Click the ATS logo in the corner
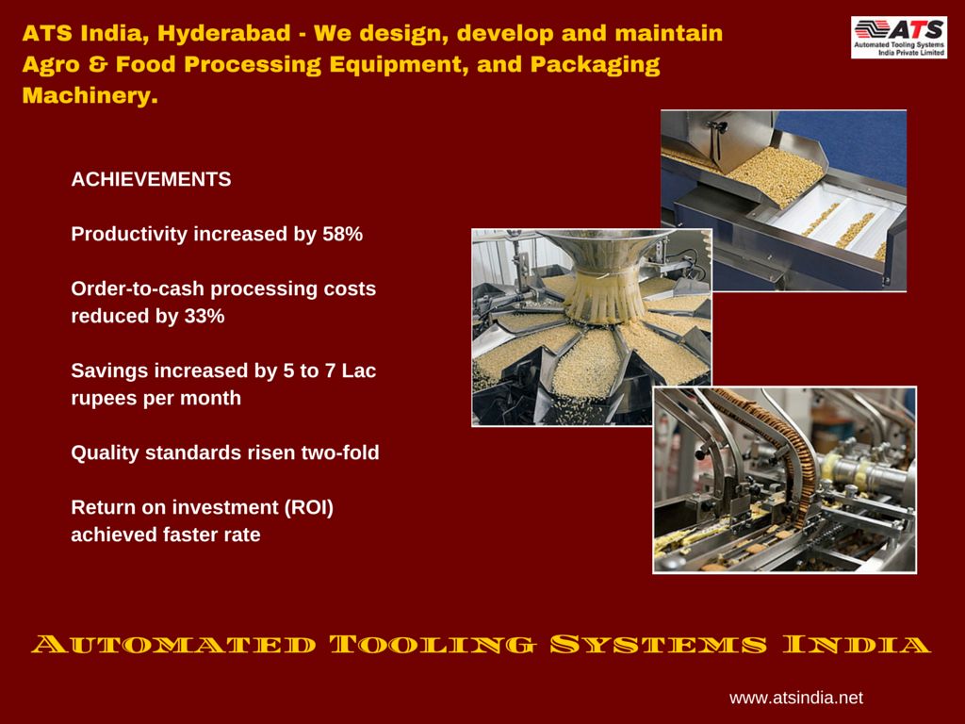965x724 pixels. click(x=898, y=38)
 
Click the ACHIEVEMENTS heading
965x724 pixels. click(x=151, y=179)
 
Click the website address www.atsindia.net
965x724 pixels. click(x=796, y=698)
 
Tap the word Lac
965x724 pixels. click(x=359, y=370)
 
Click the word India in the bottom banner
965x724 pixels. click(x=857, y=645)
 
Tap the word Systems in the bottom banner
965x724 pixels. click(x=659, y=645)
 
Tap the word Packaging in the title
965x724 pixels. click(x=596, y=65)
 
